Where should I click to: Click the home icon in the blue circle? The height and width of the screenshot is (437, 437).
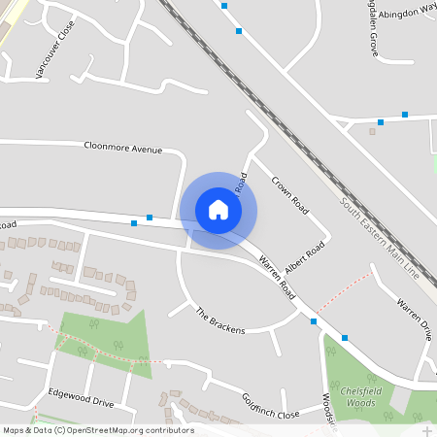218,210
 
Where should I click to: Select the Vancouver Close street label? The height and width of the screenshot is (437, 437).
53,55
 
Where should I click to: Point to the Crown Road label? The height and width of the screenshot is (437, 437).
289,195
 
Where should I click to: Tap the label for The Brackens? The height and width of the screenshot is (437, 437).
220,321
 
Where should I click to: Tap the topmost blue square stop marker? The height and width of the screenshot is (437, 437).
224,6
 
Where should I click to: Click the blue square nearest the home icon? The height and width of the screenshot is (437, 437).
150,218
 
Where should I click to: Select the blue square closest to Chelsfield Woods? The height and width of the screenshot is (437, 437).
345,338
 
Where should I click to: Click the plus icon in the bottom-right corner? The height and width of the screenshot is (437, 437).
426,429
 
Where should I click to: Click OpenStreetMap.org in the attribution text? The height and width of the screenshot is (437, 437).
113,430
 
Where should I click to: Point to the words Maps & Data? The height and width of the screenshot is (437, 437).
27,430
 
